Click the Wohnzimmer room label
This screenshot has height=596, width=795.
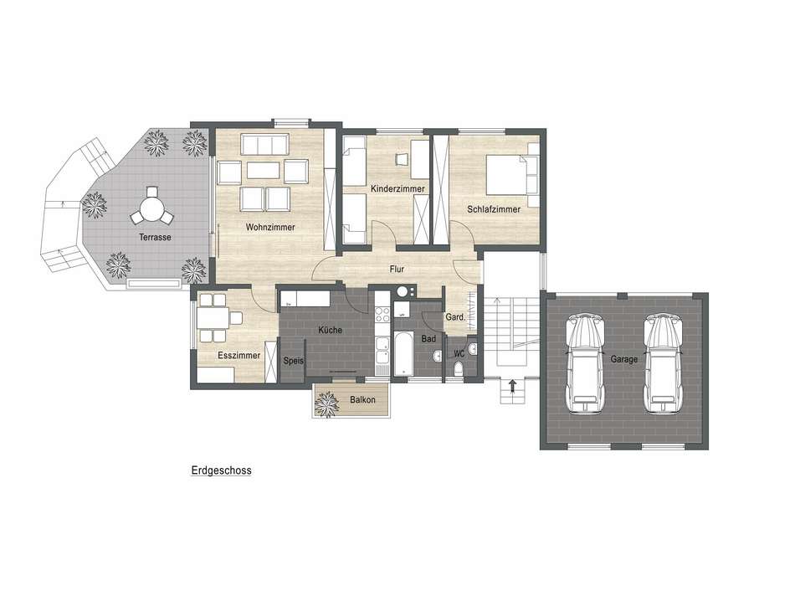270,227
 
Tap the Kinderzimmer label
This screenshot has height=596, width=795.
397,188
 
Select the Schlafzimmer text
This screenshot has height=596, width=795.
494,209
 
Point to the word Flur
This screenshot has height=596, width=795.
397,269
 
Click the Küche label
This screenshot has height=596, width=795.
330,330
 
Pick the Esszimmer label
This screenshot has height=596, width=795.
238,355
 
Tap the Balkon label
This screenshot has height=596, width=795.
362,399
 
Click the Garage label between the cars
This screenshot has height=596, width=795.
623,359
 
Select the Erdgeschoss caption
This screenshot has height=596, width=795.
221,470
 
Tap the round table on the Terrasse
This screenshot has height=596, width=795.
151,208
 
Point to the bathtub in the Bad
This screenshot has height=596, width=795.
403,353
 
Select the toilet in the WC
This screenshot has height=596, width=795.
459,368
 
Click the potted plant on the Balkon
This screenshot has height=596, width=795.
326,404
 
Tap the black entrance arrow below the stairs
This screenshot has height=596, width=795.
513,387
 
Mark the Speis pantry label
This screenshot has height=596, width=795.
294,361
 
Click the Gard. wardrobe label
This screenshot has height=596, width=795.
455,317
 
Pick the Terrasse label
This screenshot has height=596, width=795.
155,237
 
